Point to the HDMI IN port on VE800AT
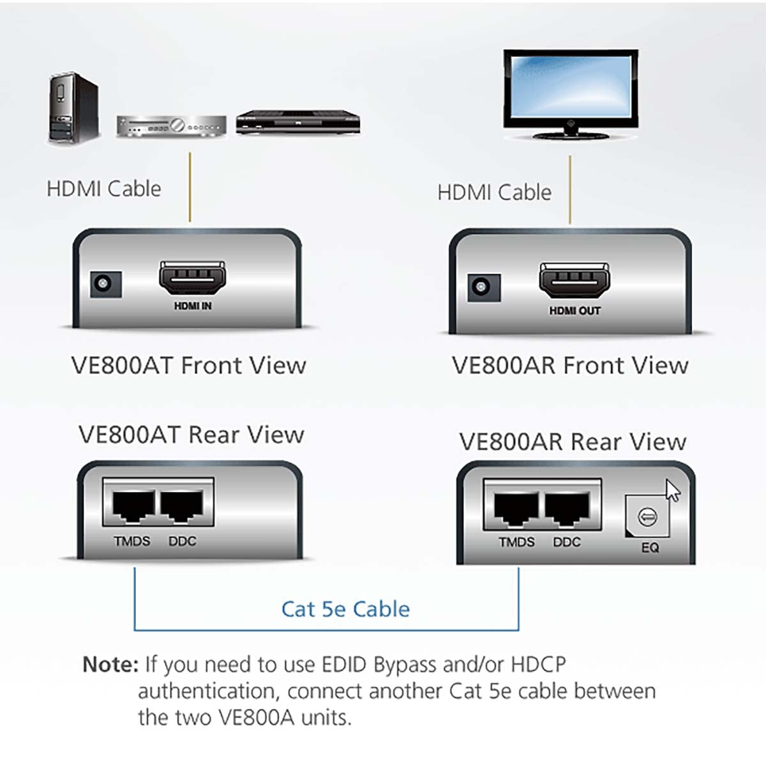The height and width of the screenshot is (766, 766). [192, 280]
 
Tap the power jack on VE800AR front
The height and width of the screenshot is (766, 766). [484, 288]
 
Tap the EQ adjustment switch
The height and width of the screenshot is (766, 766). [648, 517]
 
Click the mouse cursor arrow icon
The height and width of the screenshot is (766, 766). [672, 491]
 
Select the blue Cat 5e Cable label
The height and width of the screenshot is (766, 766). [345, 609]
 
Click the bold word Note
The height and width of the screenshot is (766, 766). [110, 665]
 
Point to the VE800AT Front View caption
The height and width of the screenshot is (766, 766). [188, 366]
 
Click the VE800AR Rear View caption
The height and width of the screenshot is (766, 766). [573, 442]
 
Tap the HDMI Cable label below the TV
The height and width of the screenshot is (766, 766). [494, 192]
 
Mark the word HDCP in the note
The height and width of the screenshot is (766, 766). [538, 665]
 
